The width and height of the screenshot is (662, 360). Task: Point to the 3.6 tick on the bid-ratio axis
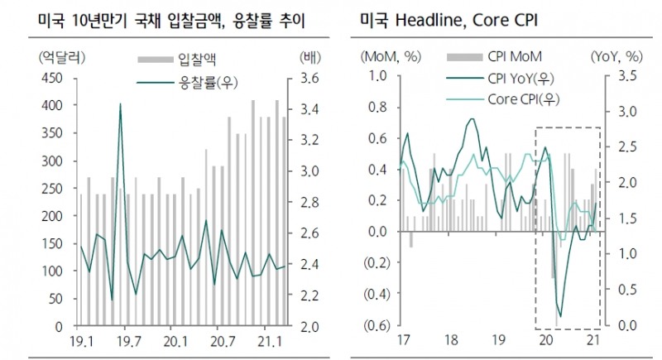coord(309,78)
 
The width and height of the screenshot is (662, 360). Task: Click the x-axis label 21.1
coord(267,339)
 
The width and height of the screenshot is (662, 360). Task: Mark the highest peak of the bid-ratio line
coord(121,104)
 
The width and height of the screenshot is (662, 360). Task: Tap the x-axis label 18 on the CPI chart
coord(452,339)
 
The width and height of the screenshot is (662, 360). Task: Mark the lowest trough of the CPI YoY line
coord(560,316)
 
